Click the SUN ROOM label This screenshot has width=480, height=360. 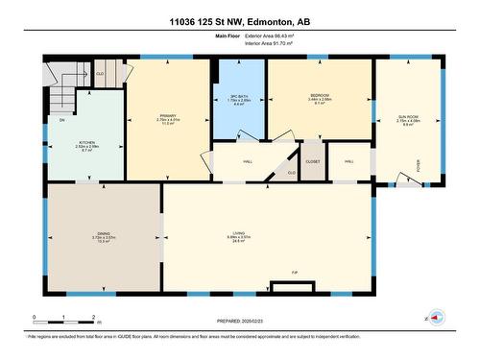[407, 115]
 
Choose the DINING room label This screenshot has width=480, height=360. [104, 232]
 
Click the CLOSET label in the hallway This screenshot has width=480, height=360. [313, 161]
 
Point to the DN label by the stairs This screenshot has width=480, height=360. [60, 119]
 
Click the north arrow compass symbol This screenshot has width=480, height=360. [435, 318]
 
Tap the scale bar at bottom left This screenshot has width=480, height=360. [63, 318]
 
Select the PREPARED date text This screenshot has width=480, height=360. [239, 322]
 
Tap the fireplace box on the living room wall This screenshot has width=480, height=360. [283, 285]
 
